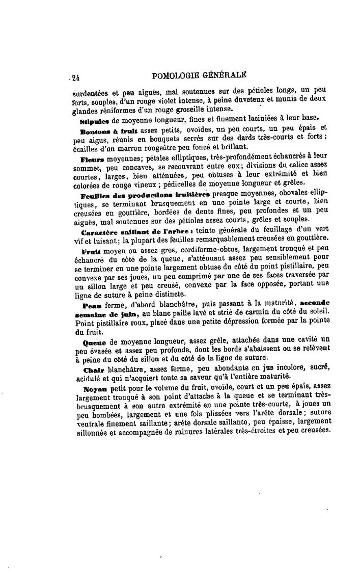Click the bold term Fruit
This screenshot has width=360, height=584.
(90, 252)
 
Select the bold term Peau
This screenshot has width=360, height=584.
(90, 305)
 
